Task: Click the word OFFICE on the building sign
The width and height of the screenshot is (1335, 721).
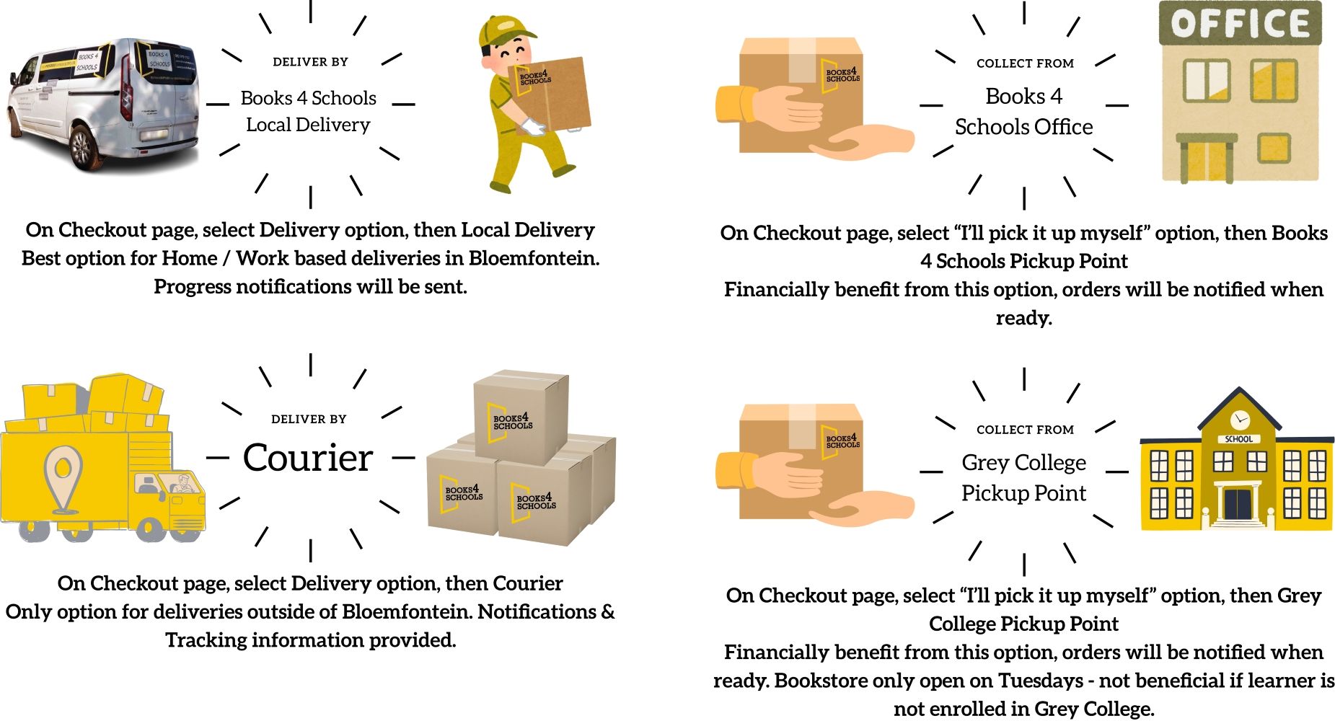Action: click(1239, 24)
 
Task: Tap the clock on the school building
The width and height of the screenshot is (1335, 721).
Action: click(1239, 419)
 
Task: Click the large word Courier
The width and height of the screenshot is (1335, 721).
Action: click(308, 457)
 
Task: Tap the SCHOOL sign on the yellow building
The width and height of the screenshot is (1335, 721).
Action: click(1239, 439)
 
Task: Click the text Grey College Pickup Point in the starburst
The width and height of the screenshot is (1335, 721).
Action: click(1023, 477)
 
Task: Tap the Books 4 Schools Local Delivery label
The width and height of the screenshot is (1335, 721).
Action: click(308, 111)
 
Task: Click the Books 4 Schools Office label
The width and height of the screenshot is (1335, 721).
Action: click(1023, 111)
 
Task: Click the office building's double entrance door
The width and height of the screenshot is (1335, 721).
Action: click(1206, 160)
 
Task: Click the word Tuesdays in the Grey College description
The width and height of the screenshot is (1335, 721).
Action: click(1041, 681)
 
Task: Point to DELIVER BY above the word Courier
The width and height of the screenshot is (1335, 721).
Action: click(309, 419)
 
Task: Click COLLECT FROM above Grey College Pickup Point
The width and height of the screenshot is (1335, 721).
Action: click(1025, 430)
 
